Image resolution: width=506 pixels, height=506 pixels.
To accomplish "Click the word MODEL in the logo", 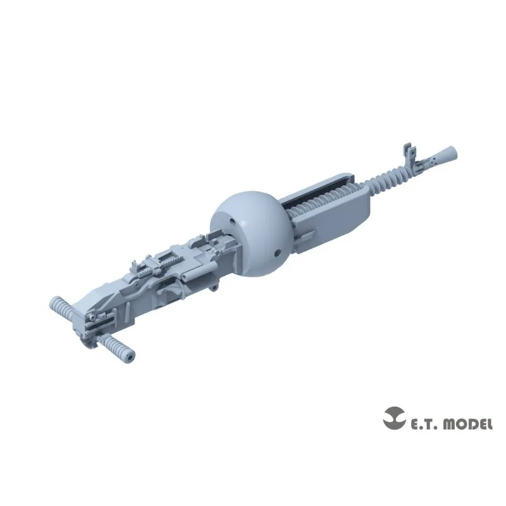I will pos(466,424).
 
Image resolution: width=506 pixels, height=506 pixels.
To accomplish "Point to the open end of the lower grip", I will pos(131,355).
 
